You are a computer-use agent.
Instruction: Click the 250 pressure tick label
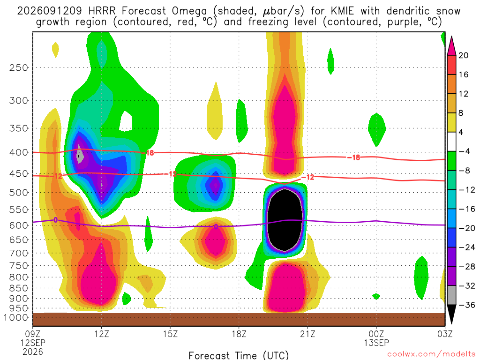[18, 67]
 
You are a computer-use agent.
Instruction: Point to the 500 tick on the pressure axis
[18, 193]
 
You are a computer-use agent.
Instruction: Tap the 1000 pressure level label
[15, 317]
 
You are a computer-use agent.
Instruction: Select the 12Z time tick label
[101, 334]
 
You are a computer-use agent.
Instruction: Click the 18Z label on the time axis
[239, 334]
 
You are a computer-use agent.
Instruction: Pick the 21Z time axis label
[307, 334]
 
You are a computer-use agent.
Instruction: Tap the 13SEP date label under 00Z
[376, 343]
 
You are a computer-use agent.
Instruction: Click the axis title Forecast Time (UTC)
[239, 355]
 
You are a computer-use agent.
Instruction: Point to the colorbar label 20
[463, 55]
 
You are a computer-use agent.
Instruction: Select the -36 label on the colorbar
[466, 305]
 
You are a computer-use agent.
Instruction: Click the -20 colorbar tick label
[466, 228]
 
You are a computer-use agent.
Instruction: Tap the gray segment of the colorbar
[451, 295]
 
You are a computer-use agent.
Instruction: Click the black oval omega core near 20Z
[285, 220]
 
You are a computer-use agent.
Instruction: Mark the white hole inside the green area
[126, 121]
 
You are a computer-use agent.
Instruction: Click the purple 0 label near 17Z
[216, 227]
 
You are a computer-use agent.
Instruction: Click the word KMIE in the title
[342, 11]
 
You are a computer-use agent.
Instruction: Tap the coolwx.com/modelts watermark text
[431, 354]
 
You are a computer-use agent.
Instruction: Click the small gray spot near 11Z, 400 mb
[80, 155]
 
